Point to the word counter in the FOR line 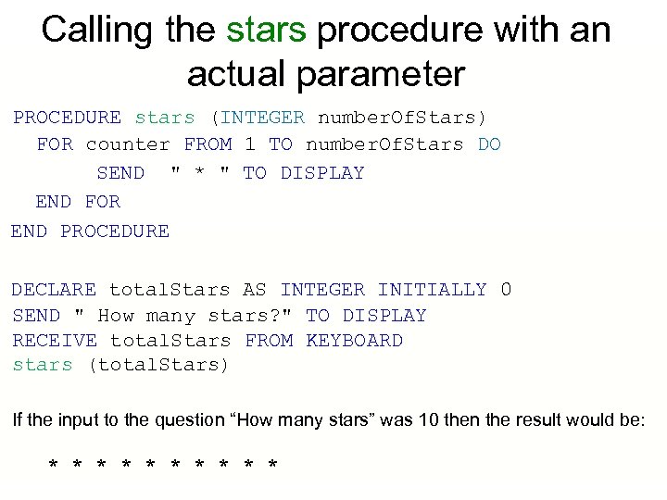coord(128,144)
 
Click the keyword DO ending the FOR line coord(489,144)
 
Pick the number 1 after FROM coord(250,144)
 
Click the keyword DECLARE coord(54,290)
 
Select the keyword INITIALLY coord(432,290)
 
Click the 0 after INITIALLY coord(506,290)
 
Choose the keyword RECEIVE coord(54,341)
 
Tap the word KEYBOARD coord(354,341)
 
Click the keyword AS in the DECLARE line coord(255,290)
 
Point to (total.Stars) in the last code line coord(157,365)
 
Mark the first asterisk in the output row coord(54,463)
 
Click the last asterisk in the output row coord(271,463)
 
